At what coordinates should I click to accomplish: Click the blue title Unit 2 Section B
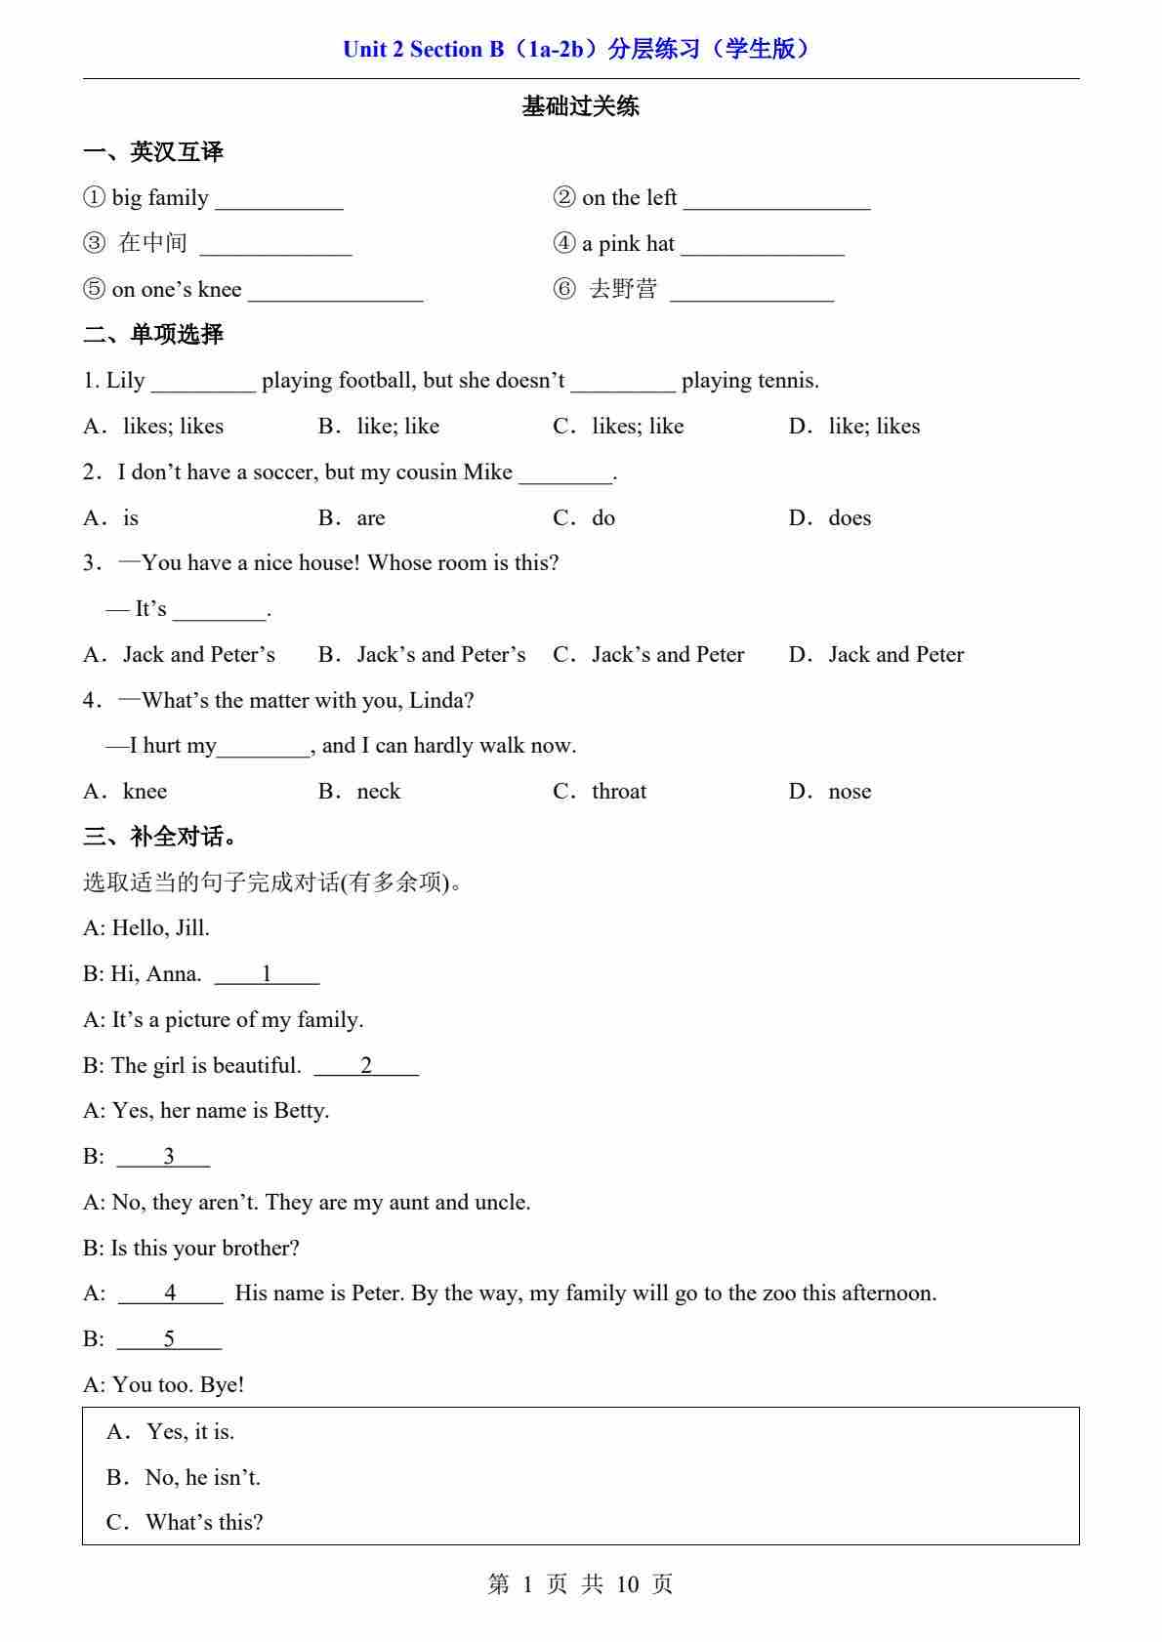pos(576,49)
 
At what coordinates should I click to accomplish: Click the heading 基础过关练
pos(580,106)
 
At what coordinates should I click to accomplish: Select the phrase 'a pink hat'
pos(628,244)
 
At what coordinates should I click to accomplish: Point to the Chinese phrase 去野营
pos(623,289)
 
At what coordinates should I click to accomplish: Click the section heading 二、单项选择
pos(153,335)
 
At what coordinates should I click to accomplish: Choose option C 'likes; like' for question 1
pos(637,427)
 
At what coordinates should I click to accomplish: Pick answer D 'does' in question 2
pos(849,518)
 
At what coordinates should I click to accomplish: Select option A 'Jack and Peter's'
pos(198,655)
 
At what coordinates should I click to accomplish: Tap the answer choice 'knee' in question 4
pos(145,792)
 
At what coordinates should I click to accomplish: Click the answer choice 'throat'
pos(619,792)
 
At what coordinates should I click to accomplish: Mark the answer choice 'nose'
pos(849,792)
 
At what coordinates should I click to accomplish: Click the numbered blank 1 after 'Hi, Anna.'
pos(267,974)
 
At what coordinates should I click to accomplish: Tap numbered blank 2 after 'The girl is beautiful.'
pos(366,1066)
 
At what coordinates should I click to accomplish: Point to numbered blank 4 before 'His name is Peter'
pos(171,1293)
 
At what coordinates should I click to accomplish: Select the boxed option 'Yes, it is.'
pos(190,1432)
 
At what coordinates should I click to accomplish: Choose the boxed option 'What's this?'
pos(204,1523)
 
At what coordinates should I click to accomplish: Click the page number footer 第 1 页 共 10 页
pos(580,1584)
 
